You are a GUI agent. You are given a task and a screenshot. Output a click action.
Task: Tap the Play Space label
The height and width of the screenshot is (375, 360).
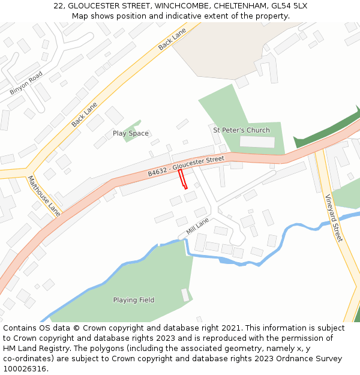tap(130, 133)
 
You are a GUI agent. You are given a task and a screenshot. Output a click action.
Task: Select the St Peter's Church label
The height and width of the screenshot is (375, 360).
tap(241, 130)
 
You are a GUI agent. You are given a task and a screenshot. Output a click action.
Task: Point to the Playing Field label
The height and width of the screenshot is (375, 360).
tap(134, 300)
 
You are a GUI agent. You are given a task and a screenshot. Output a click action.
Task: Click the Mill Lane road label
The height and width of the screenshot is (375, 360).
tap(197, 226)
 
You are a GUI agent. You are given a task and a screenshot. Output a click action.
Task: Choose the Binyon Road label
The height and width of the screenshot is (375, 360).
tap(26, 83)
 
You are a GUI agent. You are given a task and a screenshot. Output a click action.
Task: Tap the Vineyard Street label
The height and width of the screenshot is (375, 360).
tap(333, 218)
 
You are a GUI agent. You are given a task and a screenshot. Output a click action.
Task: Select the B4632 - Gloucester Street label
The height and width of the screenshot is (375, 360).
tap(186, 166)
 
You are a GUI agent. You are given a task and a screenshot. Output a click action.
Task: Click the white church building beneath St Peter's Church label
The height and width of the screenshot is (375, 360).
tap(257, 142)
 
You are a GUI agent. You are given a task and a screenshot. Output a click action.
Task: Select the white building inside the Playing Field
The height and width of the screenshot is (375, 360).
tap(185, 295)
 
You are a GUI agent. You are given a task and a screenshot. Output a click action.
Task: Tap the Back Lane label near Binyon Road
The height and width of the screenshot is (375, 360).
tap(84, 114)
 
